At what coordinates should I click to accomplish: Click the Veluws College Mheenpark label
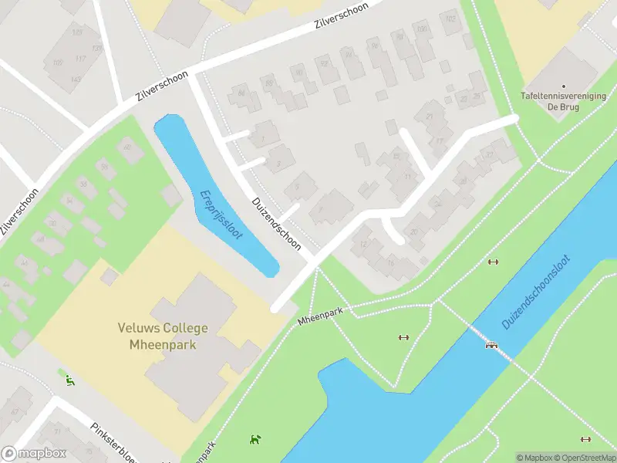tap(157, 335)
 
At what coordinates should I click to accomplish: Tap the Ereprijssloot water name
tap(221, 215)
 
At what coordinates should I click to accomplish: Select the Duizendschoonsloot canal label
tap(537, 292)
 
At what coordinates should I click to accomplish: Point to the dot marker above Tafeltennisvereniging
tap(563, 86)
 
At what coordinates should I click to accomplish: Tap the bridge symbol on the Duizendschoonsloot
tap(491, 344)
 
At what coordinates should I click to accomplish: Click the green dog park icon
tap(254, 440)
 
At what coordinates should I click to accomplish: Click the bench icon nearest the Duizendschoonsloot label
tap(493, 262)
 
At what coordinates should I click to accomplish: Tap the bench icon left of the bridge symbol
tap(403, 337)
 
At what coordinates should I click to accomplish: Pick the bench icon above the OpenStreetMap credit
tap(585, 440)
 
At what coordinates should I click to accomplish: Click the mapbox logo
tap(34, 453)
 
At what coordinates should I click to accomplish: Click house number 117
tap(81, 59)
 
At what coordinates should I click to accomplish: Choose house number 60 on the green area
tap(53, 223)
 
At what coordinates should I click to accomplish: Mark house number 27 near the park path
tap(489, 154)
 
